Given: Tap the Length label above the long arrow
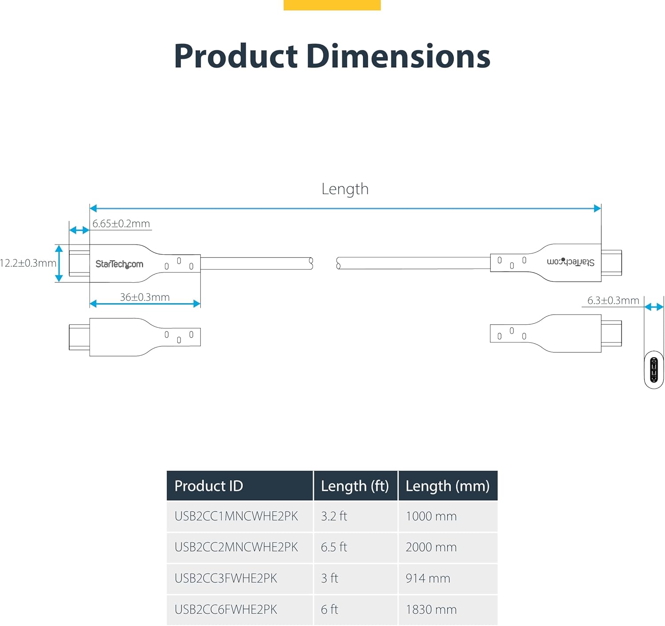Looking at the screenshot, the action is click(x=345, y=190).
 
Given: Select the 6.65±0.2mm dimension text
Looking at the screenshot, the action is click(x=121, y=224).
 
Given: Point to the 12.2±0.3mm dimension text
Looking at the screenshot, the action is click(x=28, y=263).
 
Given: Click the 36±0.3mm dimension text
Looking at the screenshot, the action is click(x=145, y=297).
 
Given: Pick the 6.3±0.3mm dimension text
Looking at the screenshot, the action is click(x=613, y=301).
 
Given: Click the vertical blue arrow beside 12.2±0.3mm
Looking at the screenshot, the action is click(x=59, y=264).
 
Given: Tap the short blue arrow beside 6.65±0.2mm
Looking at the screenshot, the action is click(x=79, y=230).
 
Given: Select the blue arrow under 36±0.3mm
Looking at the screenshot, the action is click(x=145, y=304).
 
